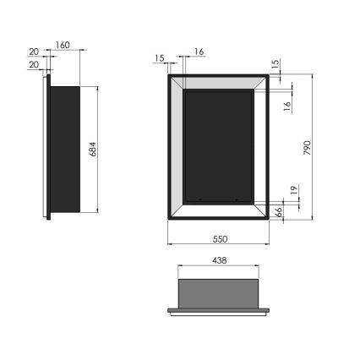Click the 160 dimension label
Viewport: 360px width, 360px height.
coord(63,46)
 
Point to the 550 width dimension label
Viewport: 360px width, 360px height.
coord(219,238)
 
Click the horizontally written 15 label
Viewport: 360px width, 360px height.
coord(160,57)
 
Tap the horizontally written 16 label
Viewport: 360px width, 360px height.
coord(199,52)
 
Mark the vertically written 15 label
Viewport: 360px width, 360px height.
coord(275,64)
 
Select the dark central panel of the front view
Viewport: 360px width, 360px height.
coord(219,146)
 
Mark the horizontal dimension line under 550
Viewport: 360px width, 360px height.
coord(219,246)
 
